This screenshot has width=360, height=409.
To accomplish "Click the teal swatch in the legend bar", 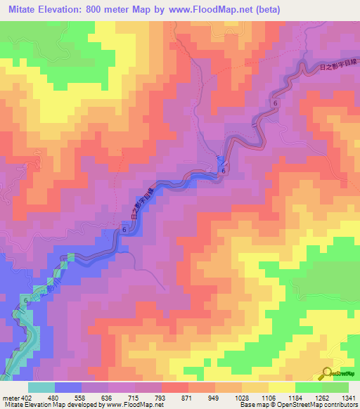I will click(x=41, y=387).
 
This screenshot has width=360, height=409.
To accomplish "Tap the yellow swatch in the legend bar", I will click(x=282, y=387).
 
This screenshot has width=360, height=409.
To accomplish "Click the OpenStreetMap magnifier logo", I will click(x=328, y=372).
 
